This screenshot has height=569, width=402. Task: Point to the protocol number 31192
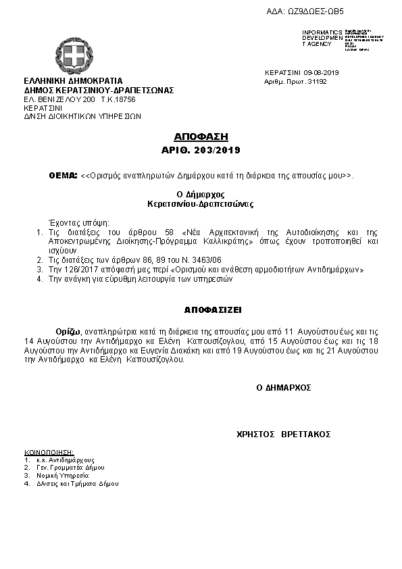[x=317, y=81]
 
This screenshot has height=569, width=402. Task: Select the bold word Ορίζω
[x=70, y=332]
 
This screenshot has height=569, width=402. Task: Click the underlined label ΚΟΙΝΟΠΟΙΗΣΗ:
[x=49, y=451]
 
